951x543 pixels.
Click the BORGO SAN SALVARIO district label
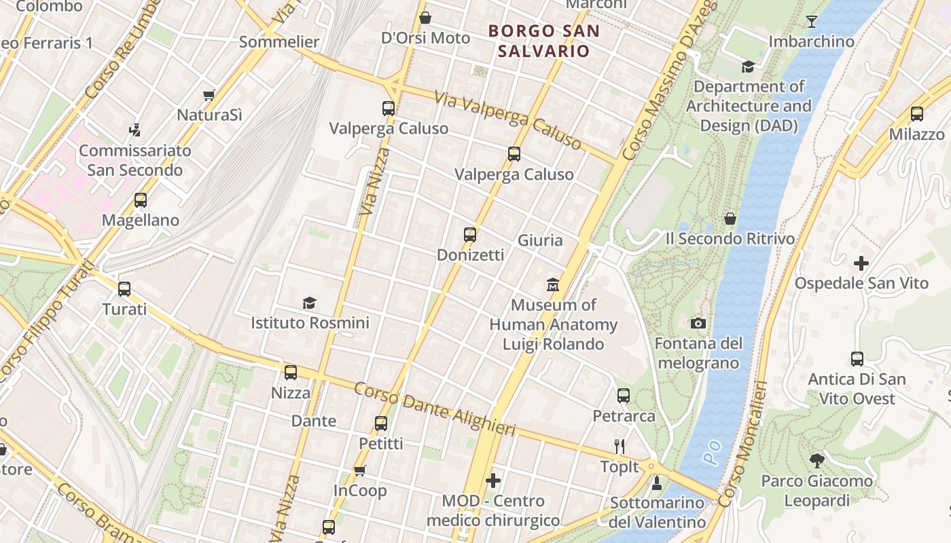click(x=544, y=41)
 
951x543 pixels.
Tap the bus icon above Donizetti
click(x=469, y=235)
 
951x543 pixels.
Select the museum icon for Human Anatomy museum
click(x=553, y=284)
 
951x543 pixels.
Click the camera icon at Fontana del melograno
click(x=698, y=323)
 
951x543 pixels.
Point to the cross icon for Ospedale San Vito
click(x=861, y=263)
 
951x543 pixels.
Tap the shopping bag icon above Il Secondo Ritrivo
click(x=730, y=219)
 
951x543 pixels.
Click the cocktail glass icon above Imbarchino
click(x=811, y=22)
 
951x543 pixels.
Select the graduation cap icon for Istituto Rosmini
click(x=310, y=303)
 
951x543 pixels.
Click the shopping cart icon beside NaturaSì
click(x=209, y=96)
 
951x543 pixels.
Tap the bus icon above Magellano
click(x=140, y=200)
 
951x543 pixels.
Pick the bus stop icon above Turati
click(x=124, y=289)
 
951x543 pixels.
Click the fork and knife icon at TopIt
click(x=619, y=446)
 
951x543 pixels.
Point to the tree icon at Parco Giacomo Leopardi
click(x=817, y=461)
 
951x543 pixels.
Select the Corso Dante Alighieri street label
click(x=435, y=409)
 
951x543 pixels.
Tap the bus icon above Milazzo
click(x=916, y=114)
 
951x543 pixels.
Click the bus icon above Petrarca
click(x=623, y=395)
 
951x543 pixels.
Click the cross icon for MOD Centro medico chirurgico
click(x=493, y=481)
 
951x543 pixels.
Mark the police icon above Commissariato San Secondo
click(x=134, y=130)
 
